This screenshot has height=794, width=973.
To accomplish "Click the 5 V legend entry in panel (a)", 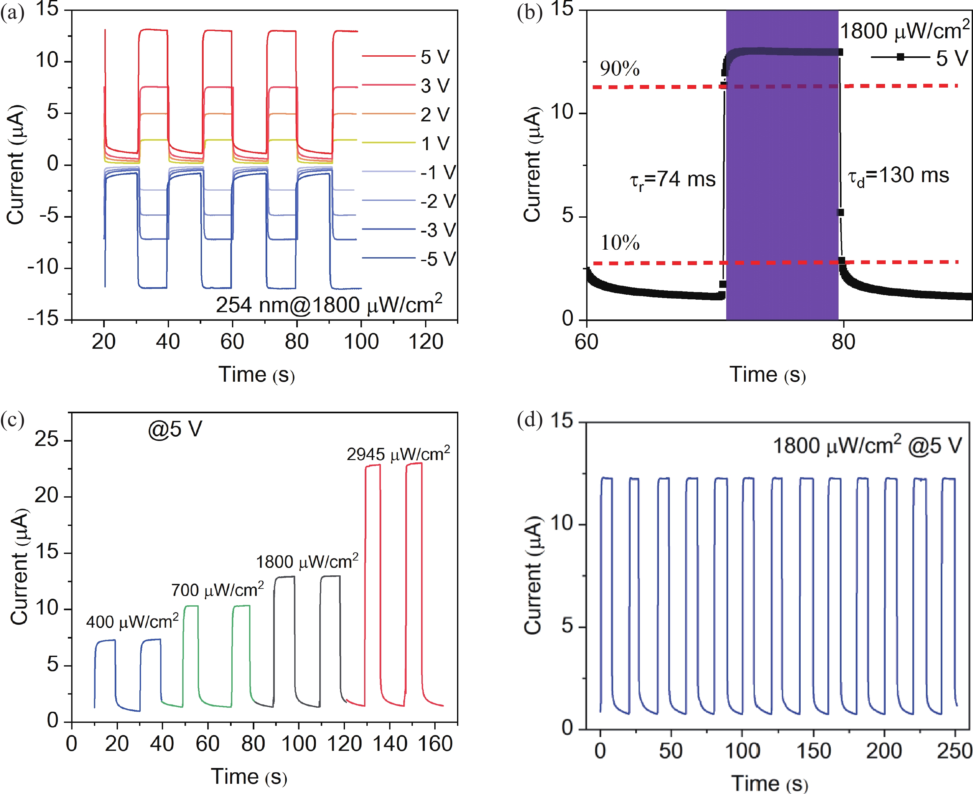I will pos(435,57).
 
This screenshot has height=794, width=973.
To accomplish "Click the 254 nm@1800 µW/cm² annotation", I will pos(329,305).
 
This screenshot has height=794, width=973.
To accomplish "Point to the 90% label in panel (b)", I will pos(620,68).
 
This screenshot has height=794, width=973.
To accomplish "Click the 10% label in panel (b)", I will pos(620,243).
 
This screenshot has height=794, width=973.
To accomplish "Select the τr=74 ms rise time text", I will pos(672,179).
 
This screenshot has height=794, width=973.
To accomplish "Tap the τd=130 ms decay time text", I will pos(898,176).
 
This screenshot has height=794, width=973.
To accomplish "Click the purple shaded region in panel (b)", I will pos(782,183).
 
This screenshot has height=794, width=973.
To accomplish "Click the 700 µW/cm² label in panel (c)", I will pos(217,590).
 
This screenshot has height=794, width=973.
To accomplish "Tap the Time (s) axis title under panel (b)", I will pos(767,375).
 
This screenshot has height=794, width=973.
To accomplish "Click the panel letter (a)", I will pos(13,13).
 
